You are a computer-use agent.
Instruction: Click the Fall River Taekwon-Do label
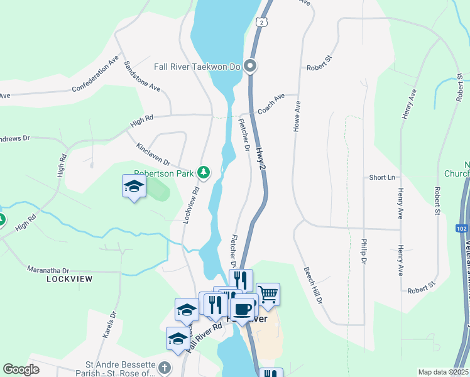tap(198, 65)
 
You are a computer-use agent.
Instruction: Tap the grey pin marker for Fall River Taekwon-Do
tap(250, 65)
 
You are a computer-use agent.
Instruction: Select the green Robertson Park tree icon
tap(203, 172)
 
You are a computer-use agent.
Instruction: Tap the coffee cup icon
tap(243, 309)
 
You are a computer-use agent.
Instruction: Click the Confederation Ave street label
tap(96, 74)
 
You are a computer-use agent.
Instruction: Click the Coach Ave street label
tap(271, 101)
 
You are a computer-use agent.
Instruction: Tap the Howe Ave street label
tap(297, 116)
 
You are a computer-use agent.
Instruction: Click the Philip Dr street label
tap(363, 249)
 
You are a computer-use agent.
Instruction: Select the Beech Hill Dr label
tap(313, 285)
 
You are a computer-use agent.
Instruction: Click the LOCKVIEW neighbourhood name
tap(70, 278)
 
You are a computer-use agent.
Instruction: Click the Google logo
tap(21, 369)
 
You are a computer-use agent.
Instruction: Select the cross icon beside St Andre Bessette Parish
tap(164, 367)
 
